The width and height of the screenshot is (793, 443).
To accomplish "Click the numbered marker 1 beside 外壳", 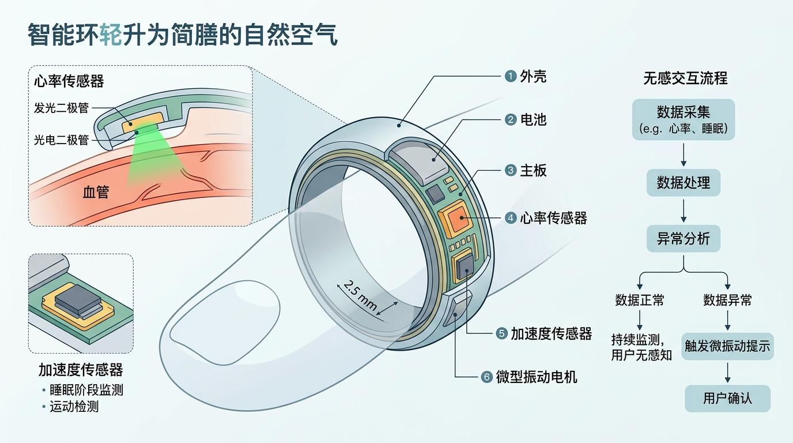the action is pyautogui.click(x=510, y=76).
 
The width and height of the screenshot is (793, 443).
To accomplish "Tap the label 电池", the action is pyautogui.click(x=533, y=120).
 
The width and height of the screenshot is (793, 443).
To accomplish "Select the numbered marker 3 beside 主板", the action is pyautogui.click(x=510, y=171).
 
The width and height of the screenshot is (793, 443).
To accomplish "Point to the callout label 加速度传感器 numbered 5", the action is pyautogui.click(x=551, y=333).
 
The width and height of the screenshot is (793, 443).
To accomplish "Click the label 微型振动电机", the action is pyautogui.click(x=537, y=377).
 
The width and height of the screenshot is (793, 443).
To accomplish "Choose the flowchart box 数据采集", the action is pyautogui.click(x=684, y=119).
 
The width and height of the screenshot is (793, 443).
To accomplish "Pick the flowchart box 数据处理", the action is pyautogui.click(x=684, y=183).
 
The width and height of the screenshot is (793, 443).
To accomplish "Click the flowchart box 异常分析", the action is pyautogui.click(x=684, y=238).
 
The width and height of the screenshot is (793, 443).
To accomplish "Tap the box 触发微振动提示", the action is pyautogui.click(x=727, y=346).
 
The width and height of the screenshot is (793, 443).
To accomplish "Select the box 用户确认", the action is pyautogui.click(x=727, y=399).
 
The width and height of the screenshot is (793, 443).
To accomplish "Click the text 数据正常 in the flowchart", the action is pyautogui.click(x=639, y=300).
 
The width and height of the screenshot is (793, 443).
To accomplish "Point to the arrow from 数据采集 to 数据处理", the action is pyautogui.click(x=684, y=155).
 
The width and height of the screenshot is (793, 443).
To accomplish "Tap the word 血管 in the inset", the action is pyautogui.click(x=96, y=192).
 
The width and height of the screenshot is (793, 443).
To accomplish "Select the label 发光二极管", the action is pyautogui.click(x=61, y=108).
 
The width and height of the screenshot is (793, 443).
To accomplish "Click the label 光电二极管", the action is pyautogui.click(x=61, y=140).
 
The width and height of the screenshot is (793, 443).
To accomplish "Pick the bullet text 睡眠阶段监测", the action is pyautogui.click(x=86, y=390).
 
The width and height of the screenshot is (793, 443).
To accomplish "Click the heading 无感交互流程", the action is pyautogui.click(x=685, y=78).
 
